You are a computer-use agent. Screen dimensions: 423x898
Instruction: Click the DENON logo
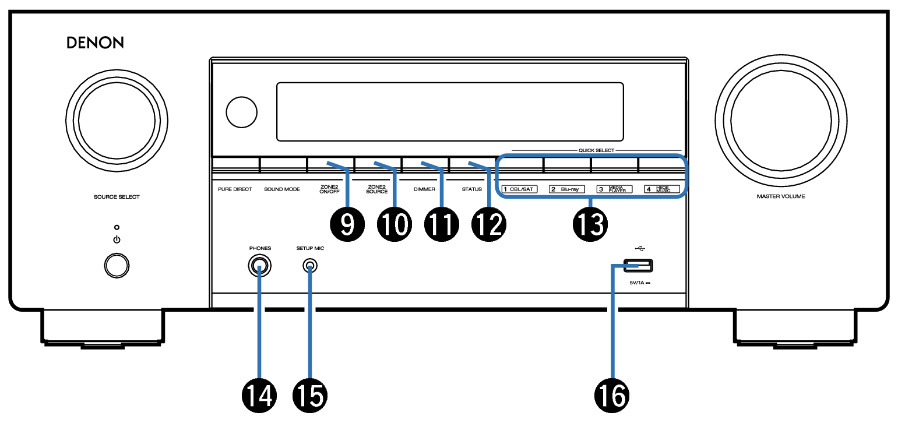tap(95, 43)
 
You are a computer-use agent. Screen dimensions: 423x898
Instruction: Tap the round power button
tap(117, 265)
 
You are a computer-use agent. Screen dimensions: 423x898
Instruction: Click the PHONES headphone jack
tap(260, 267)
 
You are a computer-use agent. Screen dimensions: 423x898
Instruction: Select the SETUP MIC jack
tap(310, 267)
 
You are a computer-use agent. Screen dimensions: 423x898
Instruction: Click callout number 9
tap(347, 223)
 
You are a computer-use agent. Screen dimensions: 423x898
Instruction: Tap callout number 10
tap(393, 223)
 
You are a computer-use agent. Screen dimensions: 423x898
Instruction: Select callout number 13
tap(590, 223)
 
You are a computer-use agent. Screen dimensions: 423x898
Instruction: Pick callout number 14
tap(260, 396)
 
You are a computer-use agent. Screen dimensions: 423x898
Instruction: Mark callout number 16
tap(612, 396)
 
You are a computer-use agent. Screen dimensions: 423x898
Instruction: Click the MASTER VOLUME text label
tap(780, 197)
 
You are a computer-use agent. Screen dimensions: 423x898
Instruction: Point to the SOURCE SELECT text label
tap(117, 197)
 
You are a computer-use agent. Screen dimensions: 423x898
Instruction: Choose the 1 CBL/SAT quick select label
tap(518, 189)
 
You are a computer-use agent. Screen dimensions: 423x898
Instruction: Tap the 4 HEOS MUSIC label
tap(661, 189)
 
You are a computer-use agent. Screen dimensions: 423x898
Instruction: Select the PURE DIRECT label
tap(235, 189)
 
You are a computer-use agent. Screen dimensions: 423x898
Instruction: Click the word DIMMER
tap(424, 189)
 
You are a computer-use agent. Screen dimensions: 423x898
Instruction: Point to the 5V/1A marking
tap(639, 283)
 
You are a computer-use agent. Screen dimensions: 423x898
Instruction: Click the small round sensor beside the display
tap(241, 111)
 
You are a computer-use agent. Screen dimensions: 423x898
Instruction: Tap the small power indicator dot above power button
tap(117, 227)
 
